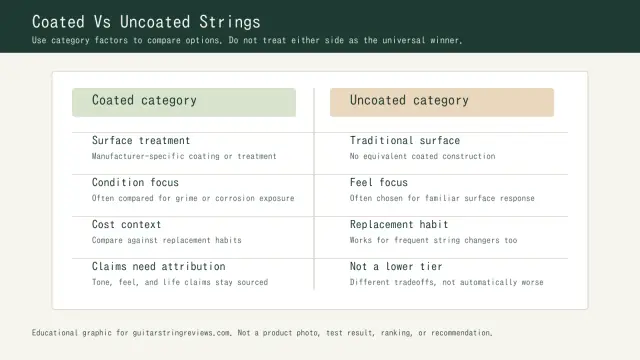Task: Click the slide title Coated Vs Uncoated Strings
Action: click(x=146, y=21)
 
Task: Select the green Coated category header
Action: click(x=184, y=101)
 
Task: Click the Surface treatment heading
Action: click(x=141, y=141)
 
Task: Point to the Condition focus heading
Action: click(x=135, y=183)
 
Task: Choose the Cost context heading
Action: click(x=126, y=225)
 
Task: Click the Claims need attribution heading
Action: click(x=158, y=267)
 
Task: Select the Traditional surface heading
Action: click(x=405, y=141)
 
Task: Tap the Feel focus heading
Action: click(x=379, y=183)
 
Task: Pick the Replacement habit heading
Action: click(x=399, y=225)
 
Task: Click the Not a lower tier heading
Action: click(x=396, y=267)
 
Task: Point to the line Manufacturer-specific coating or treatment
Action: click(x=184, y=157)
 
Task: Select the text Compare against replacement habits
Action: click(x=166, y=241)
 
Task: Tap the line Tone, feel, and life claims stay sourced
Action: click(x=180, y=283)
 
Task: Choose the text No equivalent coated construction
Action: click(x=422, y=157)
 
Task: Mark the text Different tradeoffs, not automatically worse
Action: click(x=447, y=283)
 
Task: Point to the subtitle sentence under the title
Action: click(x=247, y=41)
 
